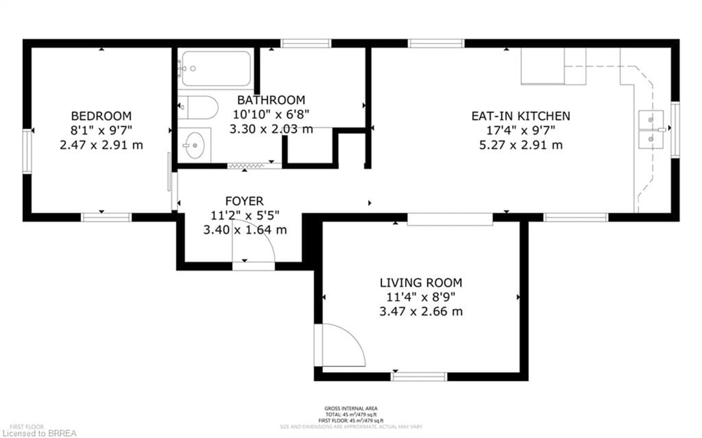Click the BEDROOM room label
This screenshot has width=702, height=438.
[x=101, y=116]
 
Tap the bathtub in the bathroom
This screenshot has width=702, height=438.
[x=216, y=69]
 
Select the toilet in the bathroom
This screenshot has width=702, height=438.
[x=200, y=108]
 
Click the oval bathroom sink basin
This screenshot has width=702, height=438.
[x=195, y=145]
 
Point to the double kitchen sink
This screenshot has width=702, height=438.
[x=651, y=129]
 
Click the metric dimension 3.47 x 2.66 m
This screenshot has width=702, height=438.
[x=421, y=312]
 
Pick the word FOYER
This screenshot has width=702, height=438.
[x=244, y=201]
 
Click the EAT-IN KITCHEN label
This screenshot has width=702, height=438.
[x=520, y=116]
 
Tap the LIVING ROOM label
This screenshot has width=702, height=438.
[x=421, y=283]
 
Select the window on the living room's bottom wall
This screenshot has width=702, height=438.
[x=419, y=377]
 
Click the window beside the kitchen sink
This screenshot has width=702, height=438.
[x=675, y=130]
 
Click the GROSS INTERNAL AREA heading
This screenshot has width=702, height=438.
[x=351, y=408]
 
